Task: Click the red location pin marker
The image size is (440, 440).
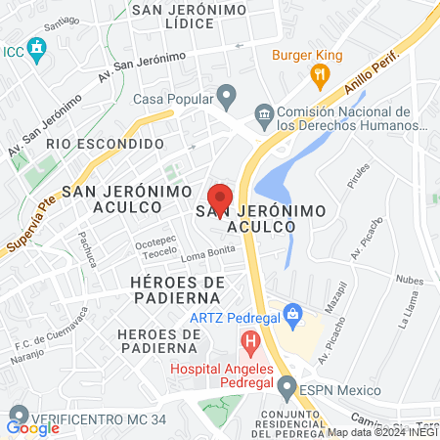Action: [221, 199]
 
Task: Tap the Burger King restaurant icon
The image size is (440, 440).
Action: [319, 73]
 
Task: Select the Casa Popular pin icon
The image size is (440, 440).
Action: [227, 97]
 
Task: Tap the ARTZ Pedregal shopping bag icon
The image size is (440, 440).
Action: [291, 315]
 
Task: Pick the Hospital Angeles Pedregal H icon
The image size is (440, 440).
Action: [250, 343]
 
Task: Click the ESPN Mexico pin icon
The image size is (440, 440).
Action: [286, 388]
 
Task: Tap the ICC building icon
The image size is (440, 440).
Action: [37, 48]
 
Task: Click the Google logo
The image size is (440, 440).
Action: [32, 427]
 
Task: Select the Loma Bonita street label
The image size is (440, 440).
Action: [202, 256]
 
